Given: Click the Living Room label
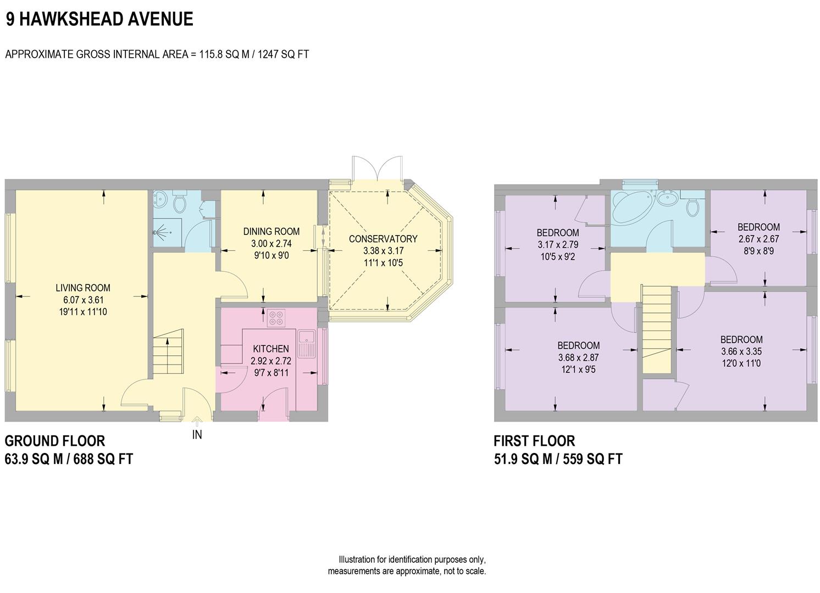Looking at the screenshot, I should click(x=83, y=288).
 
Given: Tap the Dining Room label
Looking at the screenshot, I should click(x=272, y=232).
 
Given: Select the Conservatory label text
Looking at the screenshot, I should click(x=383, y=239).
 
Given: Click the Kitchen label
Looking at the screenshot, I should click(x=270, y=349).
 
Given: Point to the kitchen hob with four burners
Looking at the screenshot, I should click(x=276, y=317).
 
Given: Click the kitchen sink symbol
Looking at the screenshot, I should click(x=306, y=343).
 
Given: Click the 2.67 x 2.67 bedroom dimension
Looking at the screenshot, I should click(x=758, y=239).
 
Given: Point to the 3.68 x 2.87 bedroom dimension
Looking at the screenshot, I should click(x=578, y=357).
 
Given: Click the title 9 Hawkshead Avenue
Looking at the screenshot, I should click(x=99, y=19).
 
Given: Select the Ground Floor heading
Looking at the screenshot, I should click(x=54, y=441).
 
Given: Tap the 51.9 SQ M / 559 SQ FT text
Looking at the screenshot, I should click(x=558, y=459).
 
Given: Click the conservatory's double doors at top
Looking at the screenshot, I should click(x=378, y=167).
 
